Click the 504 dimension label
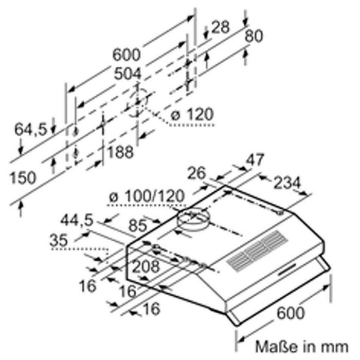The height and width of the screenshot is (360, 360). coord(128,74)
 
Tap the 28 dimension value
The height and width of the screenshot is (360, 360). coord(220,27)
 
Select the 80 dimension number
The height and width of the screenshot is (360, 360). coord(254,36)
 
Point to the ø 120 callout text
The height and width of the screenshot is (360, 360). coord(192,115)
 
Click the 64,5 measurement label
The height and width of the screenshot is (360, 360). coord(31,129)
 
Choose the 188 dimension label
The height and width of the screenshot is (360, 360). coord(120,152)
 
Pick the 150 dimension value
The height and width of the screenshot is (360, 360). coord(23,177)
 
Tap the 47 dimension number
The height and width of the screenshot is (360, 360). coord(255,159)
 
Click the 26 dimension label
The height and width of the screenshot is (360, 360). coord(196,173)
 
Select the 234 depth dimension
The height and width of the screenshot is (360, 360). coord(287,183)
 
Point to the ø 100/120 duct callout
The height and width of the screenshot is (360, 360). coord(147,196)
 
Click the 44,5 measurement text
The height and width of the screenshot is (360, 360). coord(77,220)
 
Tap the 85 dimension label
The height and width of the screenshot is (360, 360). coord(137,225)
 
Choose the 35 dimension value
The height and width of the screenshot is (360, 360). coord(59,240)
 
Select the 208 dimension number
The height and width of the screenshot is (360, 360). coord(146,266)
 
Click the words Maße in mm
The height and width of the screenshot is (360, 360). coord(302,347)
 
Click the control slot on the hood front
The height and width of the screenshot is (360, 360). coord(287,269)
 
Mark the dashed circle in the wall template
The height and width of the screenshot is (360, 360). coord(137,102)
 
